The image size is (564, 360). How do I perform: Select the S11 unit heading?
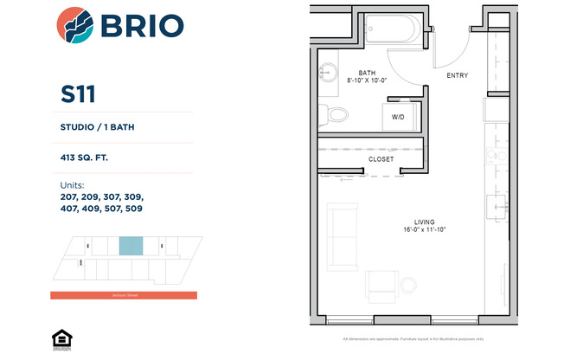pos(78,92)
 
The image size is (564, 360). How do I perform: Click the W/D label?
pos(398,116)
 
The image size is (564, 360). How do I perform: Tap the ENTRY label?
pos(457,75)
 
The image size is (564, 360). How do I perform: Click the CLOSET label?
pos(381,159)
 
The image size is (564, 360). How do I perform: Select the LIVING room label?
pos(424,222)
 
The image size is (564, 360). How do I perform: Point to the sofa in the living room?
pos(343,238)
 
